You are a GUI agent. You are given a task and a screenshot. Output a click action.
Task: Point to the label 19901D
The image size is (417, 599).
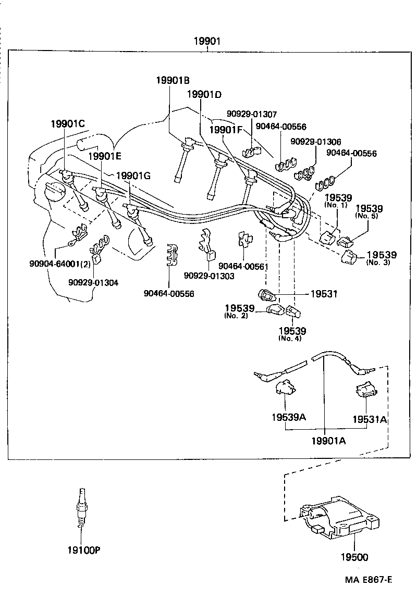tap(204, 94)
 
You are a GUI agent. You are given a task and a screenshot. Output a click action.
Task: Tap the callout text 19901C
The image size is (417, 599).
tap(67, 123)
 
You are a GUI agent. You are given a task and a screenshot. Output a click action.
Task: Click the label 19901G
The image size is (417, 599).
tap(133, 176)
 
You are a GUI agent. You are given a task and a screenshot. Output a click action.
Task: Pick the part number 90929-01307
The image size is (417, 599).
tap(252, 114)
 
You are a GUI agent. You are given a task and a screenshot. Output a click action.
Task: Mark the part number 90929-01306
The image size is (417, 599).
tap(316, 142)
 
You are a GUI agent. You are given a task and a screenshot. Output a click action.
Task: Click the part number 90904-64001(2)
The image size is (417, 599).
tap(60, 264)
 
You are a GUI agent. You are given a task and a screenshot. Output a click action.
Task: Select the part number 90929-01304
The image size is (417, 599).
tap(93, 282)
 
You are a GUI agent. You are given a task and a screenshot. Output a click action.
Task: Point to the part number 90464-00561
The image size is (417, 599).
tap(243, 266)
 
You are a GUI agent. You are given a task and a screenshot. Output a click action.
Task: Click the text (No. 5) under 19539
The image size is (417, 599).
tap(367, 216)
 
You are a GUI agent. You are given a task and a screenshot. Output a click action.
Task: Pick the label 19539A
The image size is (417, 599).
tap(288, 418)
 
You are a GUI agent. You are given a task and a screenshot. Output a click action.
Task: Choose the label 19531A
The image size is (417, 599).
tap(369, 419)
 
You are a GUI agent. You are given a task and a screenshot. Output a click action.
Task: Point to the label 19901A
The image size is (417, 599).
tap(329, 441)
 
